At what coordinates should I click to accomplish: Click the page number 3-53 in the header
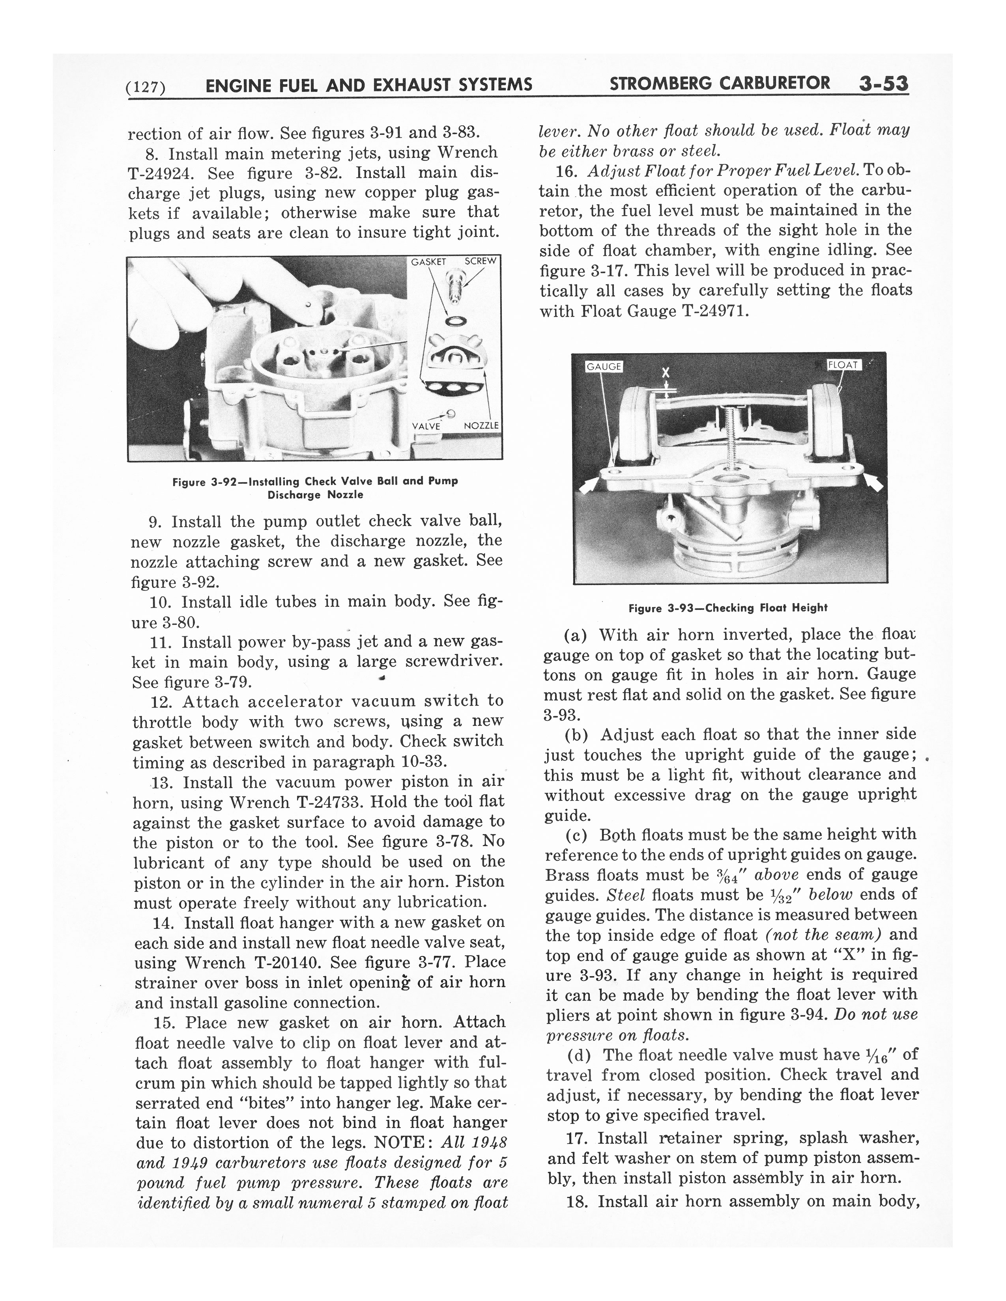click(x=883, y=84)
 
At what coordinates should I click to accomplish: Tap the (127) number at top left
click(x=146, y=87)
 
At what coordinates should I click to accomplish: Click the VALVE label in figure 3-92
click(x=426, y=425)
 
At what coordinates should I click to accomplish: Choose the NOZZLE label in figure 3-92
click(x=481, y=425)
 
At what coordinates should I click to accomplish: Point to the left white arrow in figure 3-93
click(x=589, y=485)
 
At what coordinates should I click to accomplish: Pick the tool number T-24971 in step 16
click(x=712, y=311)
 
